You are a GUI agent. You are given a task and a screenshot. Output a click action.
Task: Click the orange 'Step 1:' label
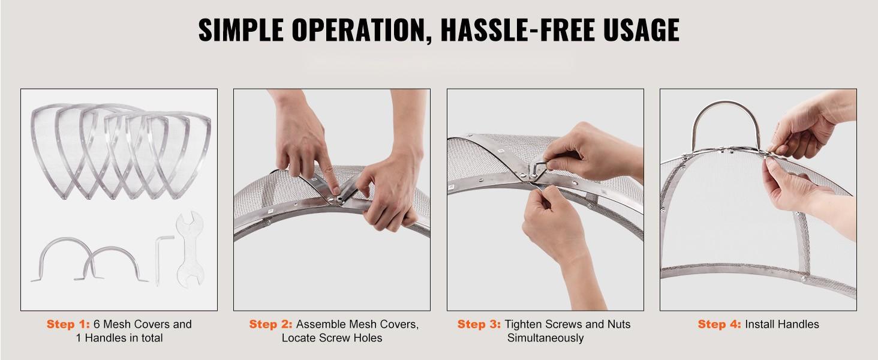[x=68, y=324]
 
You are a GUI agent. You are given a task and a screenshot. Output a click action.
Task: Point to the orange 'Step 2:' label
[x=271, y=324]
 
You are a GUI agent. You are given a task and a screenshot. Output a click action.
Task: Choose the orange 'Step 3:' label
[x=479, y=324]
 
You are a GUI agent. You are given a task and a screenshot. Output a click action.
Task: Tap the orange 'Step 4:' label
[x=719, y=324]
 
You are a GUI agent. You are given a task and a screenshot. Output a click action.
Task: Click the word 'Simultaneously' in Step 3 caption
[x=545, y=338]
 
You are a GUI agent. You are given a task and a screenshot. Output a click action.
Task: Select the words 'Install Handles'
[x=782, y=324]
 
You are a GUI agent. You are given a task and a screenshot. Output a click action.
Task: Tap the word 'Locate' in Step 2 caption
[x=299, y=338]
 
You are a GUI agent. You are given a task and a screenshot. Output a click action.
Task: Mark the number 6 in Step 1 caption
[x=97, y=324]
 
